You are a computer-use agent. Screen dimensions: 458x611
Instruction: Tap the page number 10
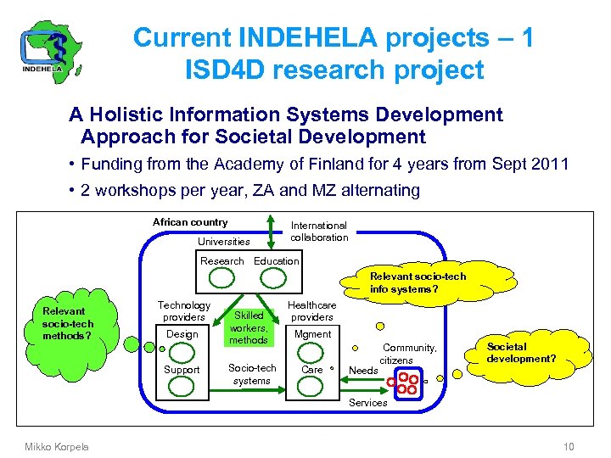click(x=569, y=447)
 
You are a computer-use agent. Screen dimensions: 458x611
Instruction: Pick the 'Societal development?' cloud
click(x=520, y=353)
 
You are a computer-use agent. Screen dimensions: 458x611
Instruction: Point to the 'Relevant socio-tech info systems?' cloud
click(x=418, y=283)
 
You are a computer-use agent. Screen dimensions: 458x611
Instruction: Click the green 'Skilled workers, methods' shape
click(x=248, y=327)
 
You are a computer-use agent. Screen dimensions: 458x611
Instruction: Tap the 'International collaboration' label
click(x=319, y=232)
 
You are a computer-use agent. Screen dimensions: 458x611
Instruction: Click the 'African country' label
click(x=190, y=222)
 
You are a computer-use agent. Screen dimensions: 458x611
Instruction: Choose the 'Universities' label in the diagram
click(x=223, y=242)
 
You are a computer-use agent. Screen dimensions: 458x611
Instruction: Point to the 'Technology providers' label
click(x=183, y=311)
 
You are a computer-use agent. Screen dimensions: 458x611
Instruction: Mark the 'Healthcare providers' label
click(x=311, y=311)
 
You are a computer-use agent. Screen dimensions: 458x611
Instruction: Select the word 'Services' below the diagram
click(x=368, y=403)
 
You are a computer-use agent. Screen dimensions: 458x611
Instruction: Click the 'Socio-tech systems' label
click(x=252, y=374)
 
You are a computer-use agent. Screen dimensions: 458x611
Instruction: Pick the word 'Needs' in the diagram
click(x=363, y=371)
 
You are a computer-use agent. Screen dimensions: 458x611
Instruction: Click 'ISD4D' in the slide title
click(x=221, y=70)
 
